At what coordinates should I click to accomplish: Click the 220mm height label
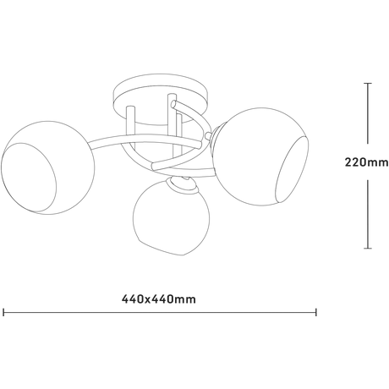[366, 162]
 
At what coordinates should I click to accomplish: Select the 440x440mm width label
[159, 299]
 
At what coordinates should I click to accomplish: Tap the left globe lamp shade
[48, 167]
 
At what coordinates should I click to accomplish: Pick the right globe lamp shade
[260, 156]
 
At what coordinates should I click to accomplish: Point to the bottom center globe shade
[171, 217]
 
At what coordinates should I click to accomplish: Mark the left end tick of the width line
[3, 312]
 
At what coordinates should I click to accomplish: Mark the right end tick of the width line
[316, 312]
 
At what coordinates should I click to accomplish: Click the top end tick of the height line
[368, 84]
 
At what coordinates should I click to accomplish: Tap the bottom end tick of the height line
[368, 249]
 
